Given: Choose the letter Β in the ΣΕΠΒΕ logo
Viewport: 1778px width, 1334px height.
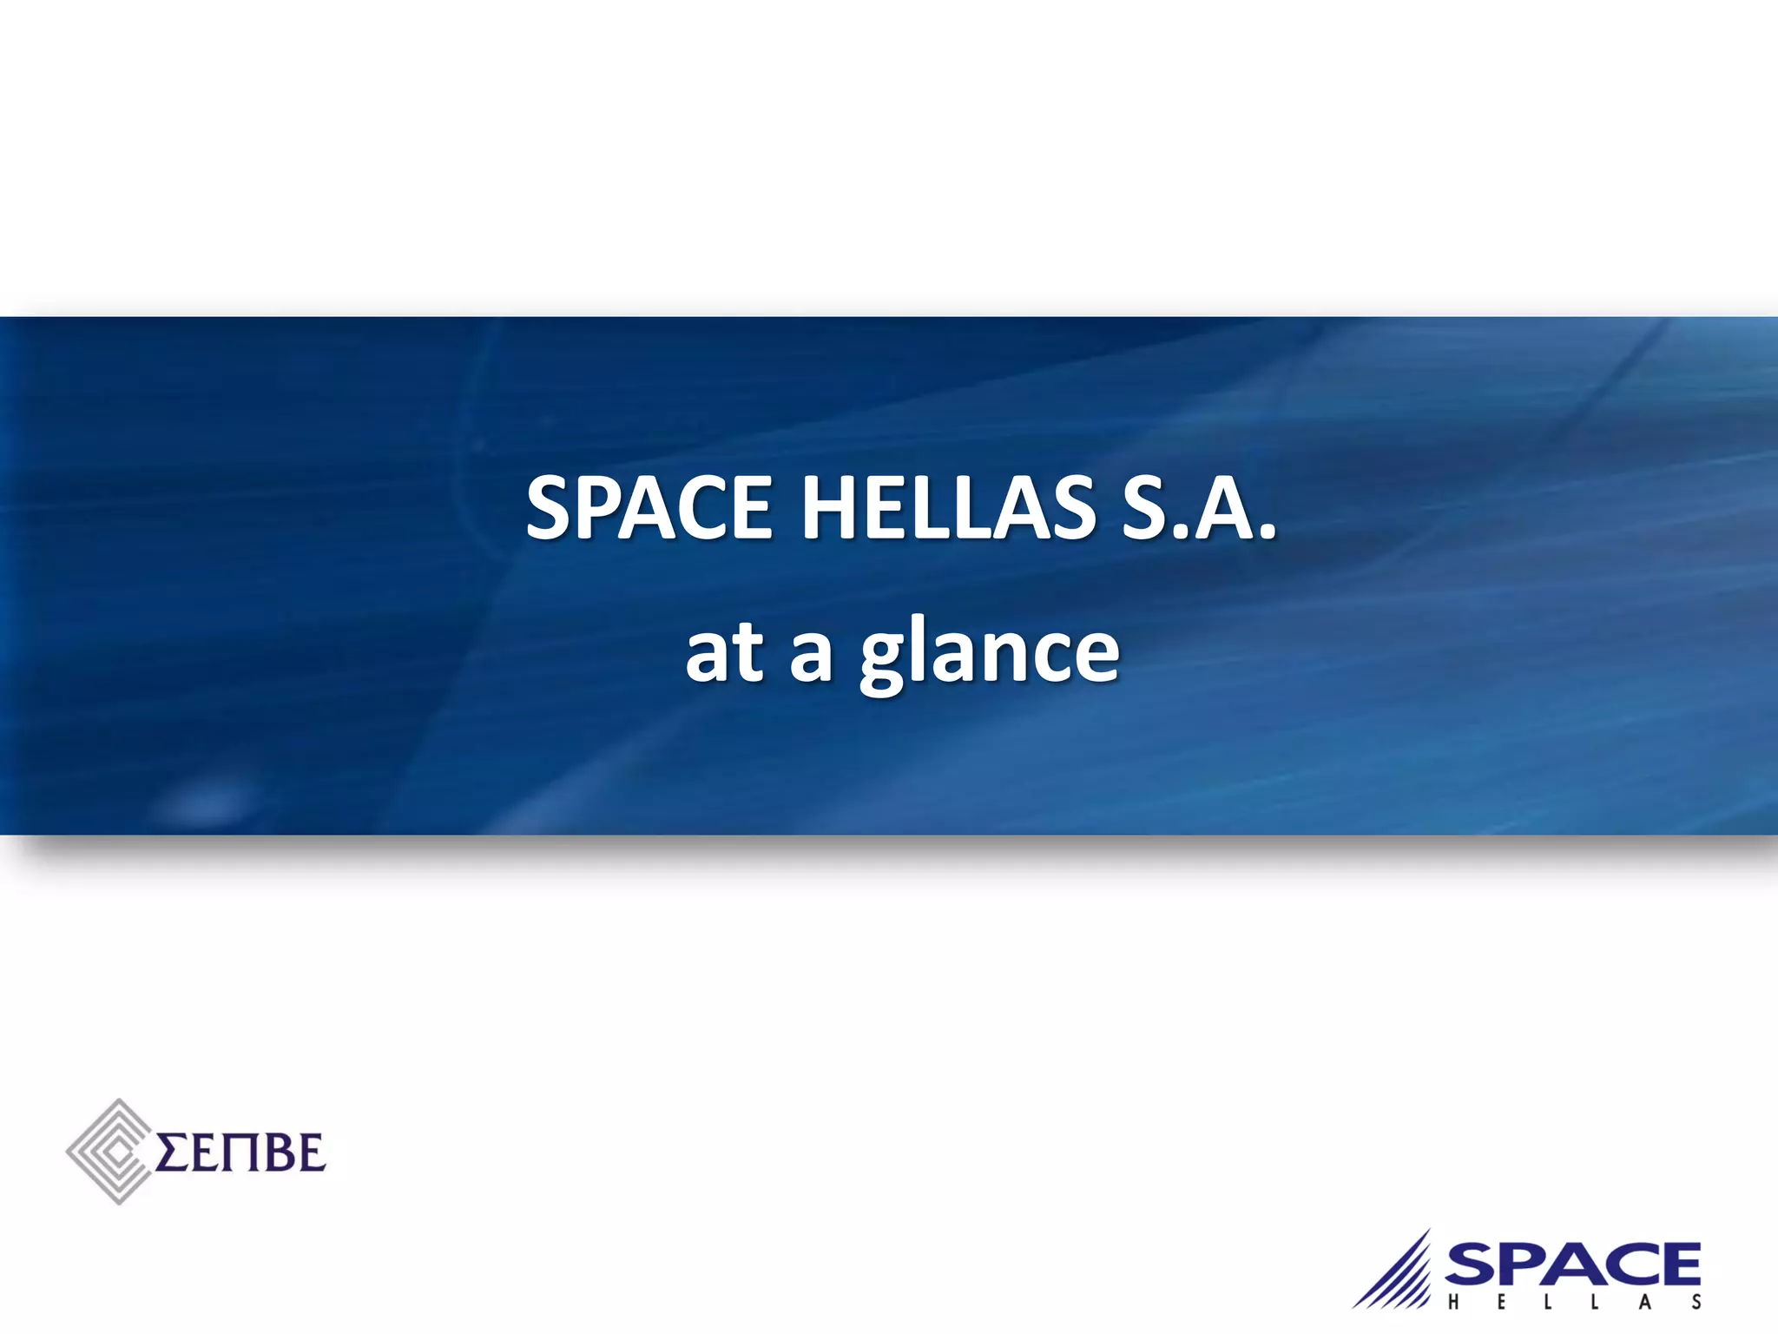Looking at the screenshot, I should pyautogui.click(x=275, y=1153).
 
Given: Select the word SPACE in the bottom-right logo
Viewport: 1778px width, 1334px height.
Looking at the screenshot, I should pyautogui.click(x=1572, y=1264).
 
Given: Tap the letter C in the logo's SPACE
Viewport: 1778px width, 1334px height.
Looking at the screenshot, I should pyautogui.click(x=1623, y=1264).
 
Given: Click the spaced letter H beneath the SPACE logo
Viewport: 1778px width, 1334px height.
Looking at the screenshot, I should pyautogui.click(x=1453, y=1303).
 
